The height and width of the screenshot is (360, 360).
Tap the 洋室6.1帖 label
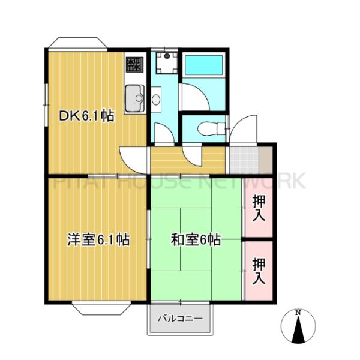click(x=97, y=239)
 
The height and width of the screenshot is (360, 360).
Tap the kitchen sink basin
click(x=133, y=97)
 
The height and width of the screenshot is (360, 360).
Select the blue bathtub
click(x=203, y=66)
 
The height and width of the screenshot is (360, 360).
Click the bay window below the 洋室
click(x=98, y=310)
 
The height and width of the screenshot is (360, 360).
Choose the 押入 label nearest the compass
click(x=259, y=270)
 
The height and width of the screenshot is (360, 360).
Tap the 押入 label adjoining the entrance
click(x=259, y=206)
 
